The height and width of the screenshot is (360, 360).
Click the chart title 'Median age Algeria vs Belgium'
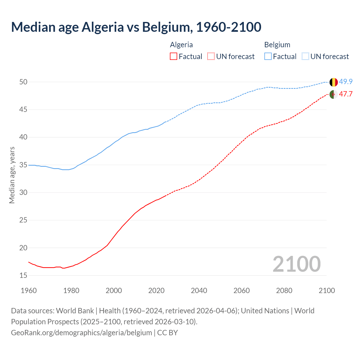pos(136,27)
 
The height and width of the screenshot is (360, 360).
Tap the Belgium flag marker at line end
pos(334,82)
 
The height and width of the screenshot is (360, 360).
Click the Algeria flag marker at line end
pos(334,94)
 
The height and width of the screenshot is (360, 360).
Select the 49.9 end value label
pos(346,82)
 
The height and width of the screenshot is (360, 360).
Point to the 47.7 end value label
pos(346,94)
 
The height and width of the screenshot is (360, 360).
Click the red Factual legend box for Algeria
pos(174,57)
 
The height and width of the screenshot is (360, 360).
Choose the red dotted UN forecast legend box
pos(211,57)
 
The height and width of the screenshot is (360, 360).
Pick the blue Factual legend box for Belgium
pos(268,57)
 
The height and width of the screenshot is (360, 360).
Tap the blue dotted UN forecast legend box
pos(305,57)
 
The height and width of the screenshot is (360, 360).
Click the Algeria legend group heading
pos(181,45)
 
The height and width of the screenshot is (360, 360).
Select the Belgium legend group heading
pos(277,45)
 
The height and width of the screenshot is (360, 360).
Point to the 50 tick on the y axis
pos(23,82)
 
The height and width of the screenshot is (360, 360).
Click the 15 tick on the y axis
pos(23,275)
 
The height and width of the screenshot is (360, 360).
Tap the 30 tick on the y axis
pos(23,193)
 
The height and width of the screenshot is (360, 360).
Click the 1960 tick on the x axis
pos(29,291)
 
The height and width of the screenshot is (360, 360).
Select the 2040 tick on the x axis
pos(199,291)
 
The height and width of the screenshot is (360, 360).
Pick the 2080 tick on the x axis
pos(284,291)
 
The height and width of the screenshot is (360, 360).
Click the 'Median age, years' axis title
pos(12,175)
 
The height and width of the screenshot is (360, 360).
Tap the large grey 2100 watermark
pos(296,264)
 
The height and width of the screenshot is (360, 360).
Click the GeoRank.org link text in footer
pos(81,332)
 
